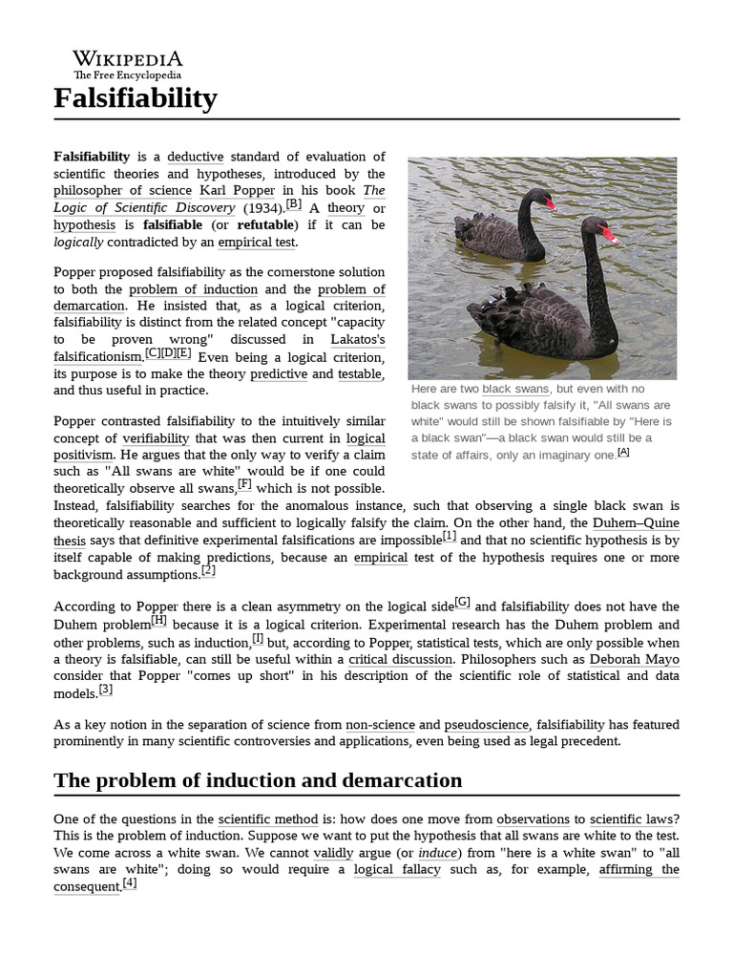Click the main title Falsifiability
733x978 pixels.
(136, 97)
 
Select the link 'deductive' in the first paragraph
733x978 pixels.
(195, 157)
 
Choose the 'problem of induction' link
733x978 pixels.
(194, 289)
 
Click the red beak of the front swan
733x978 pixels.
(609, 234)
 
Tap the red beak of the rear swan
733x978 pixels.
(550, 202)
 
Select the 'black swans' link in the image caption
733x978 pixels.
(515, 390)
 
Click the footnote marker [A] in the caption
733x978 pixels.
(623, 453)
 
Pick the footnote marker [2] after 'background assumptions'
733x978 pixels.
(208, 572)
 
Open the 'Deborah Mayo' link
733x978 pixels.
(627, 660)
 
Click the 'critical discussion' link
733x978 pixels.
(400, 660)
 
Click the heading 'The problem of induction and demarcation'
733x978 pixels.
(258, 780)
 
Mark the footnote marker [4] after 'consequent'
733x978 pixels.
(130, 884)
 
